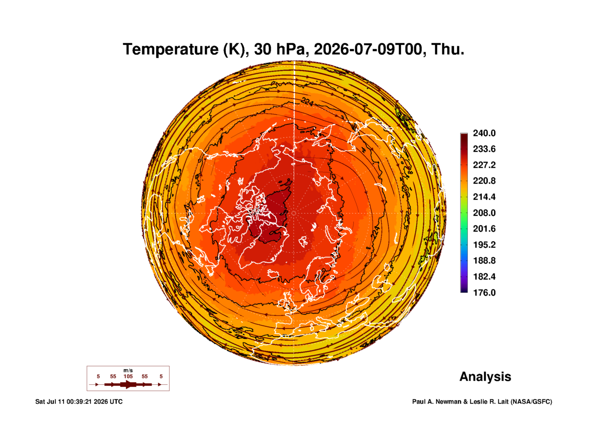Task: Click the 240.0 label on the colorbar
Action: [x=484, y=133]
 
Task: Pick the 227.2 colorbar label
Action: [x=484, y=165]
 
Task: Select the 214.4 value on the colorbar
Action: [x=484, y=197]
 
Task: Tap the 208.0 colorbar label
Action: [x=484, y=213]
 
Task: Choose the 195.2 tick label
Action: [x=484, y=245]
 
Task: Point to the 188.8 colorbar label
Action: [x=484, y=261]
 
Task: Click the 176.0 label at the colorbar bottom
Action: [x=484, y=293]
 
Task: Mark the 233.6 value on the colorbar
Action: [x=484, y=149]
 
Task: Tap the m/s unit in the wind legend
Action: [x=128, y=371]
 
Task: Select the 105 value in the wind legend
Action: [x=128, y=377]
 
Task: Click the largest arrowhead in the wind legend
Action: [x=128, y=384]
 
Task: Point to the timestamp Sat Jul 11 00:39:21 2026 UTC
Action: [x=79, y=402]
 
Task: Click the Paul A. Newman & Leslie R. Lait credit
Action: [x=460, y=402]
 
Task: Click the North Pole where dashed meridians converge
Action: [x=294, y=213]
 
